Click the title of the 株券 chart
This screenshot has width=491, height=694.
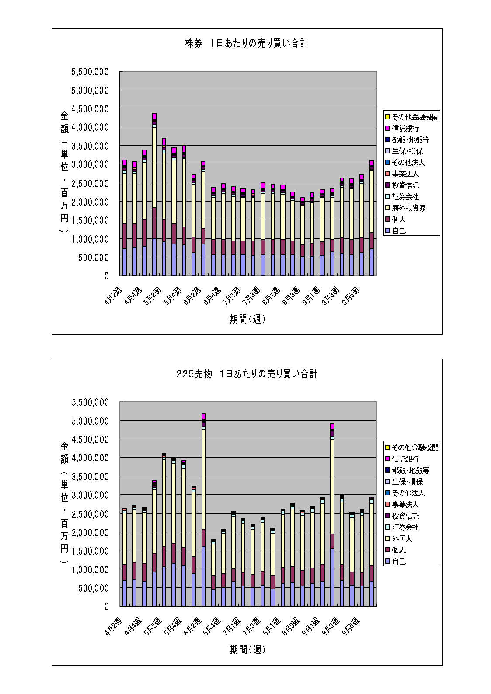(246, 43)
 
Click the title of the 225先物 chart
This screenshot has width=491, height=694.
(247, 374)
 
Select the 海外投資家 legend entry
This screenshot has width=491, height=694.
(408, 208)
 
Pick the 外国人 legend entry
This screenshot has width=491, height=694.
(402, 539)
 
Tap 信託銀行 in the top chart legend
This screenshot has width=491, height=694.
(405, 129)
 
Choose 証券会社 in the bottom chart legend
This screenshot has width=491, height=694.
(405, 527)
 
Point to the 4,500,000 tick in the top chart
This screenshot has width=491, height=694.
(90, 109)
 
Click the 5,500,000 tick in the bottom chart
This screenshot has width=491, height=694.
(90, 402)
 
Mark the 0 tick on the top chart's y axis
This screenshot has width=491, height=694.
(106, 276)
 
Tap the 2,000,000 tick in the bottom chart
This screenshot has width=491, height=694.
(90, 532)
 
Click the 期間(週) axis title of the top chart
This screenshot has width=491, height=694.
(247, 319)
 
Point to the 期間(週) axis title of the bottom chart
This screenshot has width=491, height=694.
(247, 650)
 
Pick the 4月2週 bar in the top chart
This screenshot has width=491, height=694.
(124, 219)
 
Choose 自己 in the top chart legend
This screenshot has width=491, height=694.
(399, 231)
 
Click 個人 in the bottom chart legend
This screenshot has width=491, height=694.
(399, 550)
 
